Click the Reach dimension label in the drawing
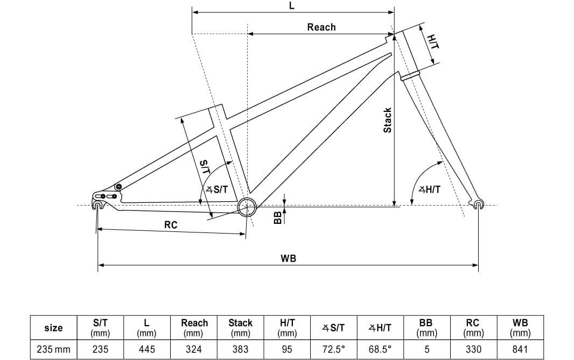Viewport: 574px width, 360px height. point(321,27)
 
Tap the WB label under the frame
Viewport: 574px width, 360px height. point(288,258)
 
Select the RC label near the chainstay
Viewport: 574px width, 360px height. point(171,225)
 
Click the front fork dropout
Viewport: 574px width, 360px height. point(478,204)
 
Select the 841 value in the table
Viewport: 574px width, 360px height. point(520,349)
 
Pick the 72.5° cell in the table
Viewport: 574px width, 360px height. point(333,349)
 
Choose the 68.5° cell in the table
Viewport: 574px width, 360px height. point(380,349)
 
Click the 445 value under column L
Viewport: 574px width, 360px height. point(146,349)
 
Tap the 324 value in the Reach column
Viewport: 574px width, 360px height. point(194,349)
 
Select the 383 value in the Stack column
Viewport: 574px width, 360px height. point(240,349)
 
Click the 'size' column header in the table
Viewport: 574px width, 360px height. point(53,328)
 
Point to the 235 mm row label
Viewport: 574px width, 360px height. point(53,349)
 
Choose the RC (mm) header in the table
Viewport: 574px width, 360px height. point(473,328)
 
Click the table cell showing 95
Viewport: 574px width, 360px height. point(287,349)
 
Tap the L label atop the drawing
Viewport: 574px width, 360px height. point(291,5)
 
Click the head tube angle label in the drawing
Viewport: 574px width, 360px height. point(429,189)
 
